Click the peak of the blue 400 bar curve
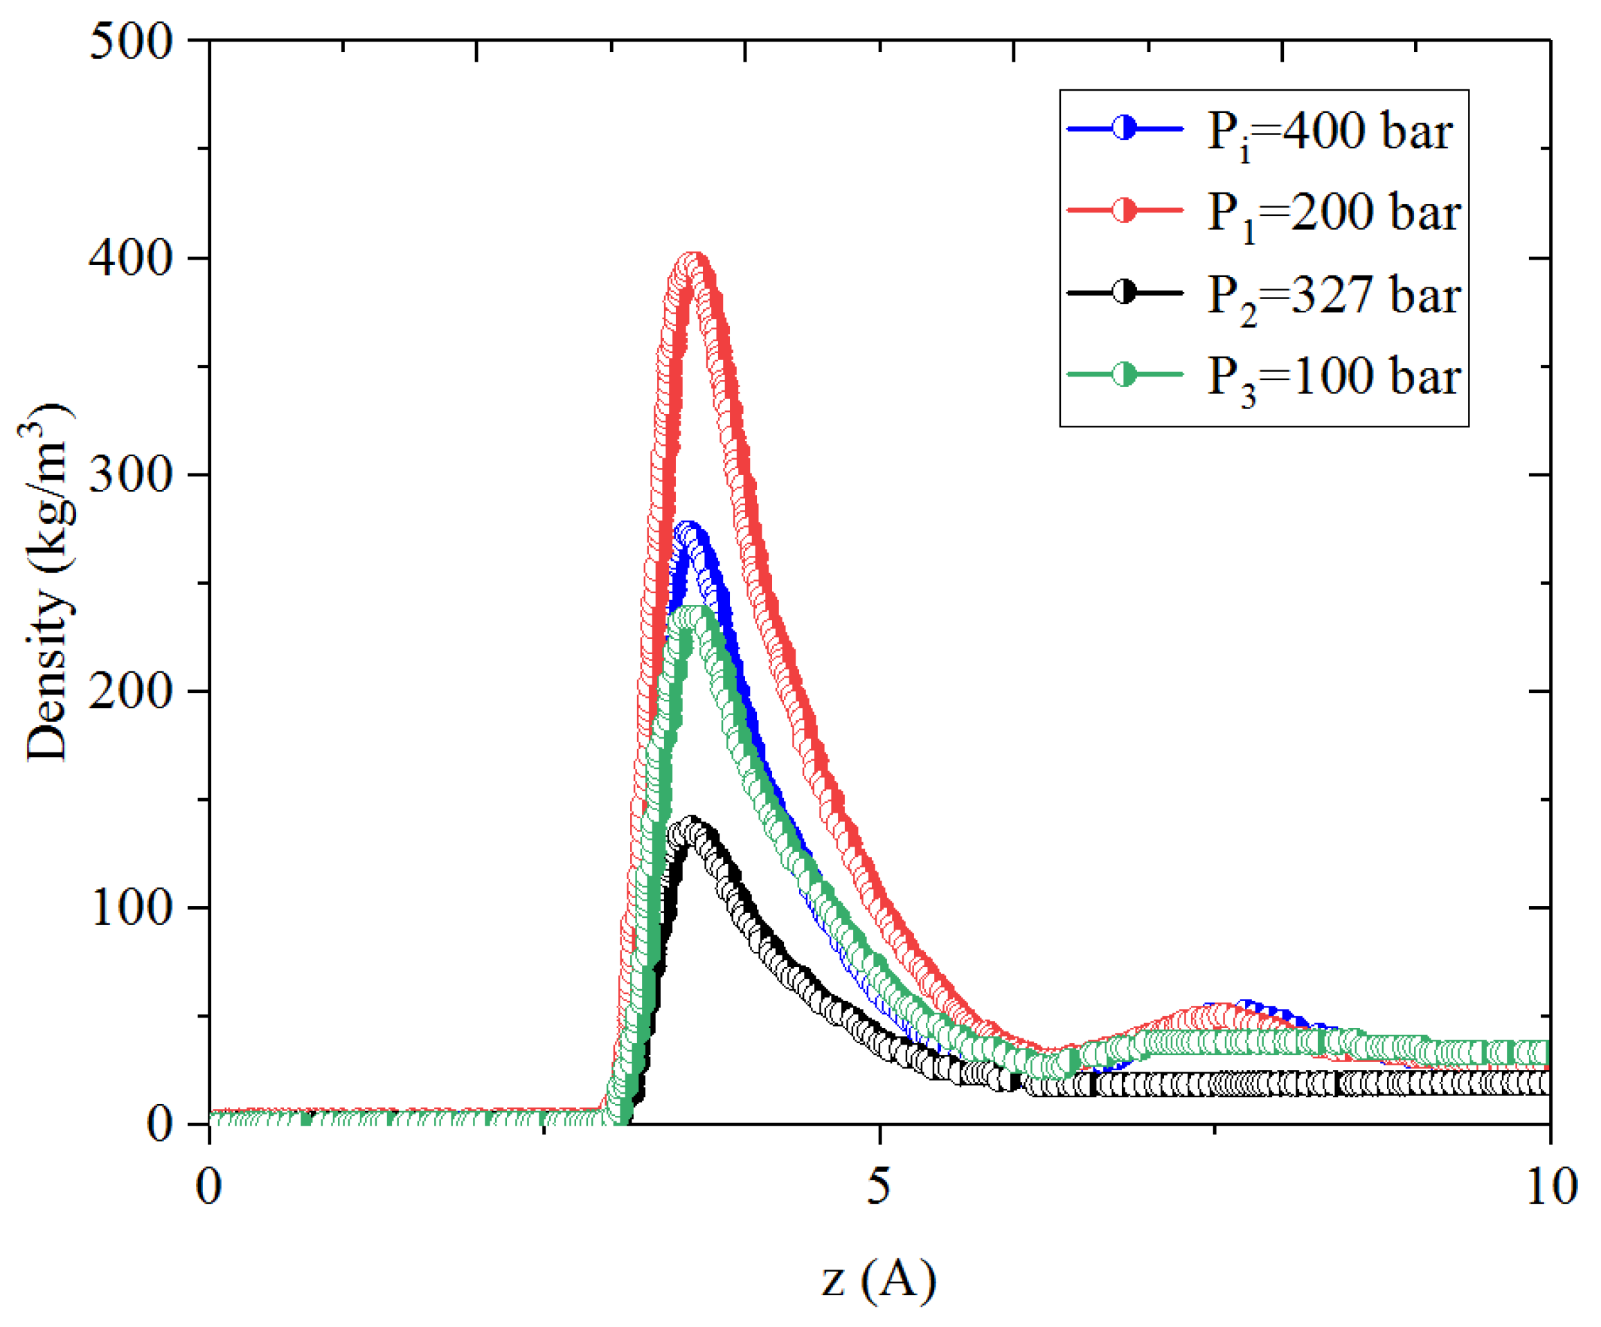coord(688,533)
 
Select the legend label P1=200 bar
coord(1332,213)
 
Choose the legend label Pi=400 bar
coord(1329,132)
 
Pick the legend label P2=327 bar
coord(1332,295)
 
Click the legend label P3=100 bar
coord(1332,377)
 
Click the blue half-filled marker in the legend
coord(1124,128)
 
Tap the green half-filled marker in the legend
coord(1124,374)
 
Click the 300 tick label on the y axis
coord(130,475)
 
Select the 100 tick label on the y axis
coord(130,908)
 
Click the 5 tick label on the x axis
coord(879,1186)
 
